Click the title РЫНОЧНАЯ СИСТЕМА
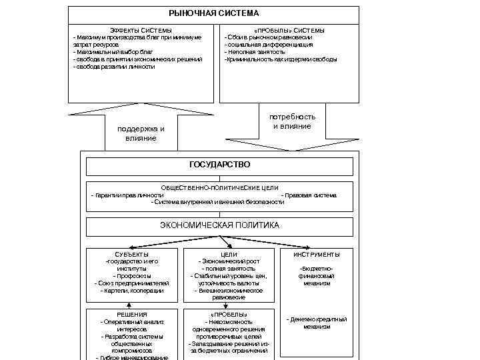tap(213, 13)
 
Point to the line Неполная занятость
tap(255, 52)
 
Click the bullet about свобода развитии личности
tap(114, 67)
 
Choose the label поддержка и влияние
tap(141, 133)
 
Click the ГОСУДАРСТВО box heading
tap(219, 164)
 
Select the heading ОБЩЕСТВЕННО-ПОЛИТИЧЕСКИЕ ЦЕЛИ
tap(219, 188)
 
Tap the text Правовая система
tap(309, 195)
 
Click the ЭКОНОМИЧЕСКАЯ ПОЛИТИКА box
tap(219, 225)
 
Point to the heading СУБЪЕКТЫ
tap(132, 254)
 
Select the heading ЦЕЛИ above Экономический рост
tap(229, 254)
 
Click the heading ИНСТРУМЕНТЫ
tap(317, 254)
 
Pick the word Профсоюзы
tap(132, 276)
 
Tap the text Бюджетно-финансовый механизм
tap(317, 275)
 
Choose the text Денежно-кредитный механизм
tap(317, 323)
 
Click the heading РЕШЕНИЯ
tap(132, 314)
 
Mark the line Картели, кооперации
tap(132, 291)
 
